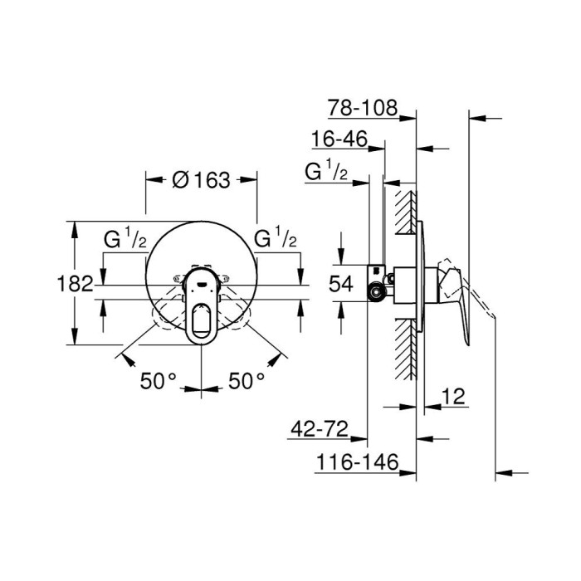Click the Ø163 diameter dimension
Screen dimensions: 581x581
point(202,180)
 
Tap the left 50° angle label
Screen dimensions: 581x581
point(158,381)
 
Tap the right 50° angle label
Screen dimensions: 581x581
point(247,381)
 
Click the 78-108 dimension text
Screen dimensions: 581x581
point(363,108)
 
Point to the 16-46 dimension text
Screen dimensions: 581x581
point(339,139)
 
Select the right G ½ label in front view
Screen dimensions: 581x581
point(276,240)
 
